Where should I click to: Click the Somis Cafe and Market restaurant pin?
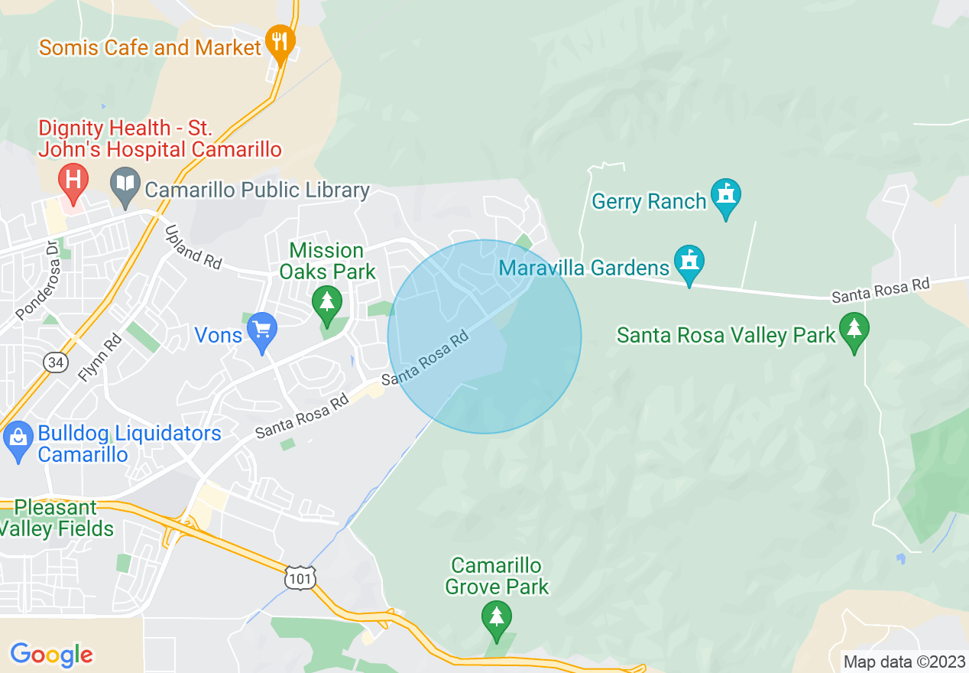[x=280, y=41]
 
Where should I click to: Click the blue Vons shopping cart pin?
[x=263, y=330]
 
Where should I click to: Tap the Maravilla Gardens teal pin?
[x=689, y=262]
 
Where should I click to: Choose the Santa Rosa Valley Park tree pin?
[x=854, y=330]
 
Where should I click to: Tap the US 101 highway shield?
[x=300, y=577]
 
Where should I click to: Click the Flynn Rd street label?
[x=100, y=358]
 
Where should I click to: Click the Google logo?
[x=52, y=655]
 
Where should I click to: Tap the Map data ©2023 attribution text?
[x=904, y=662]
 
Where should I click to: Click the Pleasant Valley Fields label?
[x=57, y=518]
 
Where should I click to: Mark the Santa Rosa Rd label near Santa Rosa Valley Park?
[x=881, y=289]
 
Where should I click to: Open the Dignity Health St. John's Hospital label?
[x=160, y=138]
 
